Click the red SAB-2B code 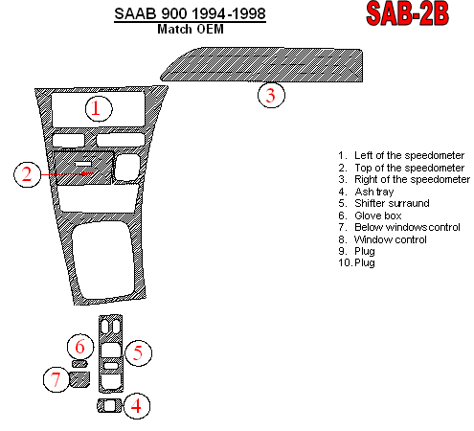coord(407,13)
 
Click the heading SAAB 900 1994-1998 coord(190,13)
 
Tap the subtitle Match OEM coord(191,29)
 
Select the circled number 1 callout coord(99,108)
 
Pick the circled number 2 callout coord(27,174)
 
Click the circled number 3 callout coord(271,95)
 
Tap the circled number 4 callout coord(137,406)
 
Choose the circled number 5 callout coord(138,352)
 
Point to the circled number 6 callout coord(80,347)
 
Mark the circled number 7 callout coord(56,379)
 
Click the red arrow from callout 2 coord(67,174)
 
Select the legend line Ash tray coord(366,192)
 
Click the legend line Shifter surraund coord(384,203)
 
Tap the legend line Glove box coord(370,215)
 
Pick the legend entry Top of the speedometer coord(401,168)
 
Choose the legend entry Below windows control coord(399,227)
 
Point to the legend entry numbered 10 coord(356,262)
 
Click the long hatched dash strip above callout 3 coord(261,65)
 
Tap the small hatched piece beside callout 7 coord(79,379)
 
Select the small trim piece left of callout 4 coord(109,405)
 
